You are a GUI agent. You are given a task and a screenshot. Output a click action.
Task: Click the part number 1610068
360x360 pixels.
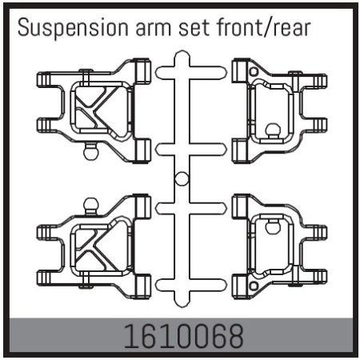[x=180, y=336]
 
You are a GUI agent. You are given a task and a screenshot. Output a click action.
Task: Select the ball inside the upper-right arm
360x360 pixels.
[x=272, y=128]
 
